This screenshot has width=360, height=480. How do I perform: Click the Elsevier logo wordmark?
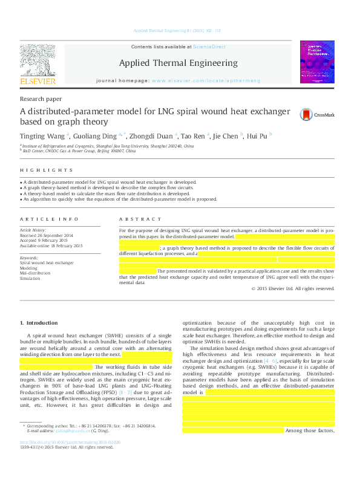click(38, 81)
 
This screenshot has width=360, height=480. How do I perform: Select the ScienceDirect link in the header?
click(209, 47)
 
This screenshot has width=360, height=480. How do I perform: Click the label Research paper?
click(41, 99)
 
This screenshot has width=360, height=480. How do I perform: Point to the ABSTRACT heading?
click(140, 219)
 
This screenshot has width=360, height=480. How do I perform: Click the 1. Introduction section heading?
click(39, 323)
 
